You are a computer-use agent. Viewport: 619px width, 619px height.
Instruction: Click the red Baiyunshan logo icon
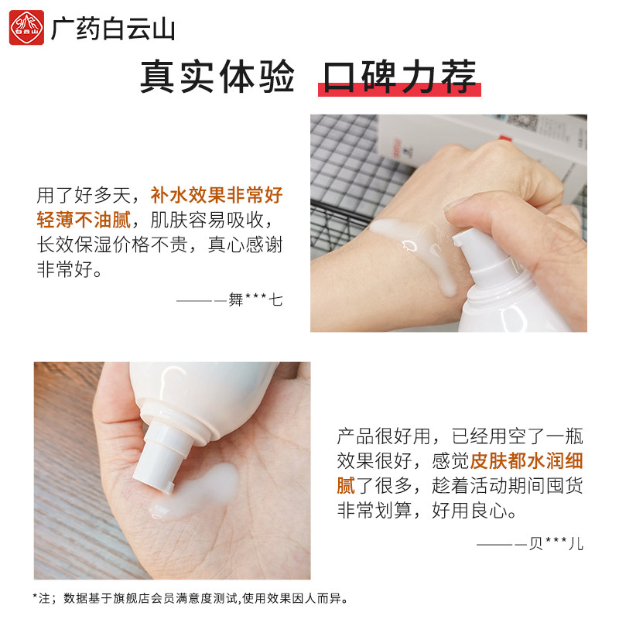pyautogui.click(x=26, y=29)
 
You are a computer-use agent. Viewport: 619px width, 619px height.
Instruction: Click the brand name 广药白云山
pyautogui.click(x=113, y=29)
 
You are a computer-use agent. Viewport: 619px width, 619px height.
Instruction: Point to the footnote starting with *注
pyautogui.click(x=190, y=597)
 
